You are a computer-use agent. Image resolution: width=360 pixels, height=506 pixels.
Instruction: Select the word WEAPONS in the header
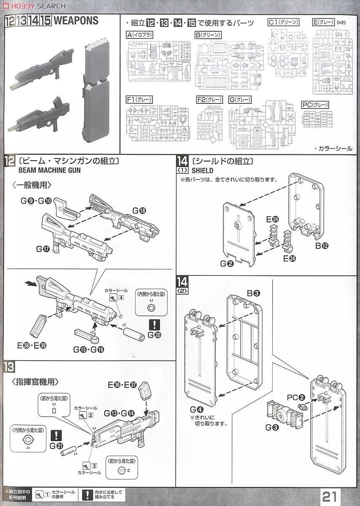click(76, 21)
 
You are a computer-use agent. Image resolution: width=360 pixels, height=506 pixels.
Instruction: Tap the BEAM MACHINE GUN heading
click(50, 171)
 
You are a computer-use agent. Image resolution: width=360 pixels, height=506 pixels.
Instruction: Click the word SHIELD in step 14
click(203, 171)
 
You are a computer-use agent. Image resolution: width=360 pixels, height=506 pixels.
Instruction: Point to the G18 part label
click(139, 210)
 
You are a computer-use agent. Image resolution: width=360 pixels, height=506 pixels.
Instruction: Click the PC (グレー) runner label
click(315, 105)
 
